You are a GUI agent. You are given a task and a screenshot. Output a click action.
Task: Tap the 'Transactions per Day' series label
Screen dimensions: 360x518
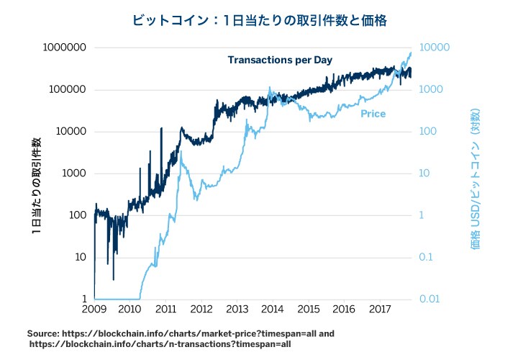[x=279, y=60]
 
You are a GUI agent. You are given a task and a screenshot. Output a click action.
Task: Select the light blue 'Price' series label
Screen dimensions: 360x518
[x=373, y=114]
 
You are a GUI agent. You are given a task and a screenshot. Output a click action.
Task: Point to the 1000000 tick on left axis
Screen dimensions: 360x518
[x=66, y=48]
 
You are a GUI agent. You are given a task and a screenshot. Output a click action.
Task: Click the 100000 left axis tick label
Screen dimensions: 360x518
[x=69, y=90]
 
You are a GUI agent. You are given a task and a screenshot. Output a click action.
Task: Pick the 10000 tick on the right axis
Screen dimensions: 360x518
[x=435, y=48]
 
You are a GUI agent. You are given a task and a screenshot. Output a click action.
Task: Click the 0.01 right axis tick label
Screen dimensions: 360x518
[x=430, y=299]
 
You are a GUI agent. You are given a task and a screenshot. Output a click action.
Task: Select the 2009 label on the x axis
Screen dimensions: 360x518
[x=94, y=310]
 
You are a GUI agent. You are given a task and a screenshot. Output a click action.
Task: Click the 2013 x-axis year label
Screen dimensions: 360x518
[x=237, y=310]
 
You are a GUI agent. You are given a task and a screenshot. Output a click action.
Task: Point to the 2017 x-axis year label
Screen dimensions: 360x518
[x=379, y=310]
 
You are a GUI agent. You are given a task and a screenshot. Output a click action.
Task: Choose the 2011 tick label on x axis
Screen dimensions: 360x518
[x=165, y=310]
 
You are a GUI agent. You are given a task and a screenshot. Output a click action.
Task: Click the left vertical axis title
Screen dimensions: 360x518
[x=35, y=187]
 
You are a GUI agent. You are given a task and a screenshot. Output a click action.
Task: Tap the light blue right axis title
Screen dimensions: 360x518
[x=475, y=180]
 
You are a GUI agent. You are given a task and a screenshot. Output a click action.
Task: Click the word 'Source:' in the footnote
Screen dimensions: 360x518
[x=42, y=334]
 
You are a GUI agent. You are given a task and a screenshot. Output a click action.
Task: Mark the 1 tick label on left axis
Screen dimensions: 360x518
[x=85, y=299]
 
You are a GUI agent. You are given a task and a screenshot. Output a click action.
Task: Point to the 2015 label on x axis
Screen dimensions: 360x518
[x=308, y=310]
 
